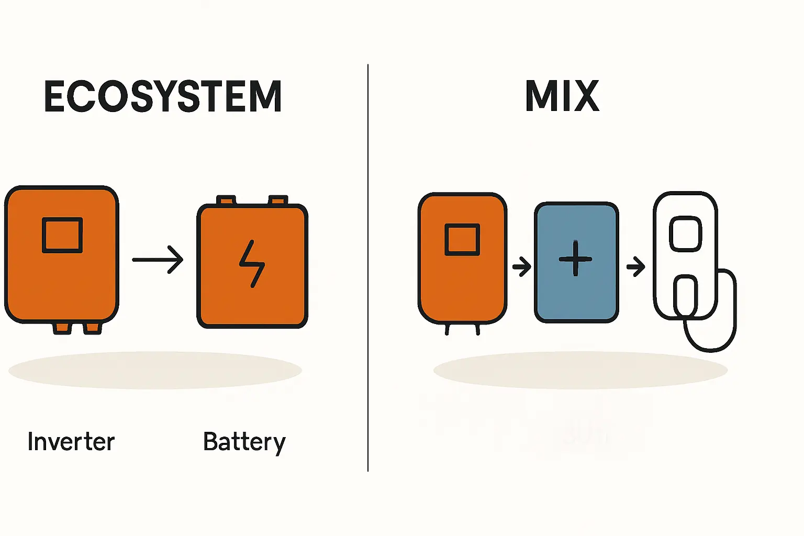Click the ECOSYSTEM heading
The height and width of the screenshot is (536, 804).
(163, 97)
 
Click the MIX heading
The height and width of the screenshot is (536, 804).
(562, 96)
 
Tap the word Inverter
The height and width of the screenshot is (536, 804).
(71, 442)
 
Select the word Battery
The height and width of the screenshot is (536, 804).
(244, 442)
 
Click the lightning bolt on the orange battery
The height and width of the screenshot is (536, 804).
(252, 264)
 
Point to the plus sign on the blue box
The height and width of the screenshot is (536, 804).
(575, 259)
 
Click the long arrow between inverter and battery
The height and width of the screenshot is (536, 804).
(158, 259)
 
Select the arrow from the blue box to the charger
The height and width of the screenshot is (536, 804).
(635, 266)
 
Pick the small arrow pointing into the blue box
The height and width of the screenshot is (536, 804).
(521, 266)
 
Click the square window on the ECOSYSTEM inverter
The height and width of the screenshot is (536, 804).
(62, 236)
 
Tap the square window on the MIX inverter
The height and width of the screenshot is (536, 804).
(462, 240)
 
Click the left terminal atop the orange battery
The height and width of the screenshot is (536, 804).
(226, 200)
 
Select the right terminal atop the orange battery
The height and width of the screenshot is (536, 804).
(278, 200)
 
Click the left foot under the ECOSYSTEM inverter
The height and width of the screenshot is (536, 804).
(62, 328)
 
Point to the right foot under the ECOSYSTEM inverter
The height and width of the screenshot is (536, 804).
(93, 328)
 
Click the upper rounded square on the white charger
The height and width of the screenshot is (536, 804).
(686, 234)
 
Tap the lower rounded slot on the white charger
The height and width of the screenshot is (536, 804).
(685, 296)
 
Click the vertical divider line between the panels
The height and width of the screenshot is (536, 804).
(368, 267)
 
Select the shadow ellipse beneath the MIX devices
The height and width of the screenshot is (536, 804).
(580, 370)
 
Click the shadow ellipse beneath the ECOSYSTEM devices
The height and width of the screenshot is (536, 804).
(155, 370)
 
